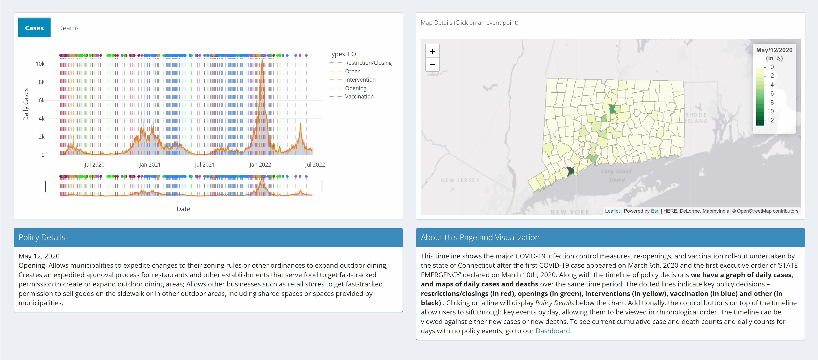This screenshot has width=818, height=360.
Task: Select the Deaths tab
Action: [x=69, y=28]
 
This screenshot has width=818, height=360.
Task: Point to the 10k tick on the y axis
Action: [x=40, y=64]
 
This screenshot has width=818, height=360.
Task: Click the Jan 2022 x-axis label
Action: [x=260, y=164]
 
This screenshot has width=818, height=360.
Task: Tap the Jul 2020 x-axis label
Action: [x=94, y=164]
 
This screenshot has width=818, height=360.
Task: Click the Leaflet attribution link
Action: [x=612, y=211]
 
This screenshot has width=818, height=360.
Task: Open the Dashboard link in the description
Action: [x=553, y=331]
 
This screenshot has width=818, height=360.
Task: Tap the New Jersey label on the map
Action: [x=460, y=180]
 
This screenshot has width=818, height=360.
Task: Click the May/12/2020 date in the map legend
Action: [x=774, y=50]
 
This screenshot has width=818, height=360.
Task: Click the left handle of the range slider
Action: [x=45, y=186]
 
